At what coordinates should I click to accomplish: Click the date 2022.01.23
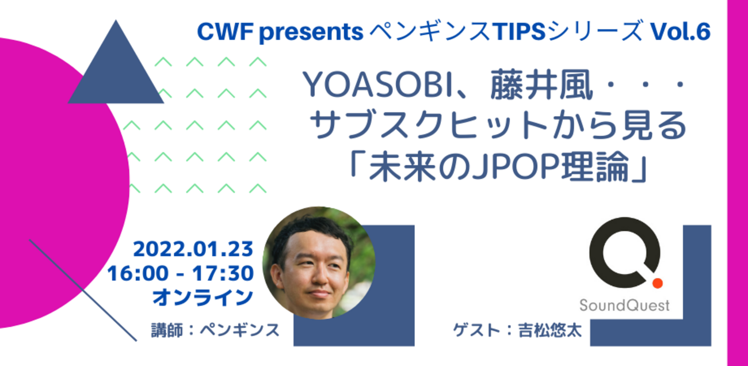point(193,249)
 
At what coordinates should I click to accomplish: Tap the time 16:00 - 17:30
point(180,273)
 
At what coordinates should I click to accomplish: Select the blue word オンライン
point(203,297)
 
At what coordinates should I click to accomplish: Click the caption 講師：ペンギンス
point(215,330)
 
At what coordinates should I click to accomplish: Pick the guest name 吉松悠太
point(550,330)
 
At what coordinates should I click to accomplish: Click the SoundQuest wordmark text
point(624,305)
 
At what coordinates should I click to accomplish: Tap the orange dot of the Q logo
point(658,283)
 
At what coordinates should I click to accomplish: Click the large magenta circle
point(50,184)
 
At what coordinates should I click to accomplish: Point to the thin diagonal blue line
point(83,291)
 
